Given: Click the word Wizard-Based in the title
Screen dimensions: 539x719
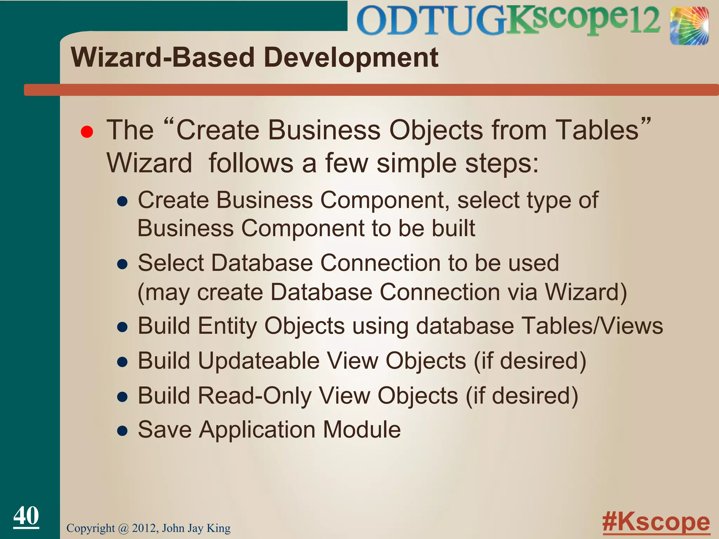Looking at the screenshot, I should point(162,58).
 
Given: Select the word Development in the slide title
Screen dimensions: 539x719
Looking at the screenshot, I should point(351,58).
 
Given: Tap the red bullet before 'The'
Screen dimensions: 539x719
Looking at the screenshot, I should point(87,132).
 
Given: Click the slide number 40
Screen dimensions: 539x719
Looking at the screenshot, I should point(26,515).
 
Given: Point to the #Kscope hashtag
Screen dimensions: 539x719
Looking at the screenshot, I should point(656,522).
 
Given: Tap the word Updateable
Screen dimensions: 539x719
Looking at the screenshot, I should point(259,361).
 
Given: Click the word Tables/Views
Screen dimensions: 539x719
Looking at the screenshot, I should point(592,326).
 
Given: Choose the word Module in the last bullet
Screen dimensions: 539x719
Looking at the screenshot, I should point(362,430).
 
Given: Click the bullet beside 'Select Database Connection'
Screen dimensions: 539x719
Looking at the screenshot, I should point(122,264).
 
